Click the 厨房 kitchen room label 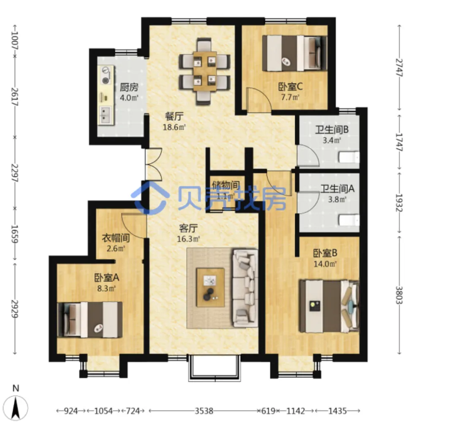coord(129,87)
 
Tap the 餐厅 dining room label coord(174,116)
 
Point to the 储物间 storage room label coord(225,185)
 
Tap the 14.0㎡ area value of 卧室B coord(325,264)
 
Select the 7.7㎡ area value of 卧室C coord(290,97)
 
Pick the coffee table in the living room coord(210,287)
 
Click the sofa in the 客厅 coord(245,288)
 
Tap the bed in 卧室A coord(90,320)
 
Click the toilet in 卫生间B coord(349,157)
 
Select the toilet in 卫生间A coord(349,220)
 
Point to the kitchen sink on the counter coord(105,116)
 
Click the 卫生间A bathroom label coord(337,189)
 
